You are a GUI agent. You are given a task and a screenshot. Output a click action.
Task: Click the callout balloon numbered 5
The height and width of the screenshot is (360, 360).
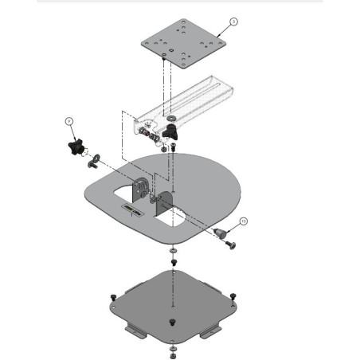tap(233, 22)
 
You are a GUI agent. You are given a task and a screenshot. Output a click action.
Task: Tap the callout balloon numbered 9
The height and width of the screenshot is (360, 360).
tap(70, 120)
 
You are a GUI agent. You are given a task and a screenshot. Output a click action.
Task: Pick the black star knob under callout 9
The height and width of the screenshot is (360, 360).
tap(77, 148)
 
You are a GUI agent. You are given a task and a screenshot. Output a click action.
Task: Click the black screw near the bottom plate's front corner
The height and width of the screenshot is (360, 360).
tap(172, 322)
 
